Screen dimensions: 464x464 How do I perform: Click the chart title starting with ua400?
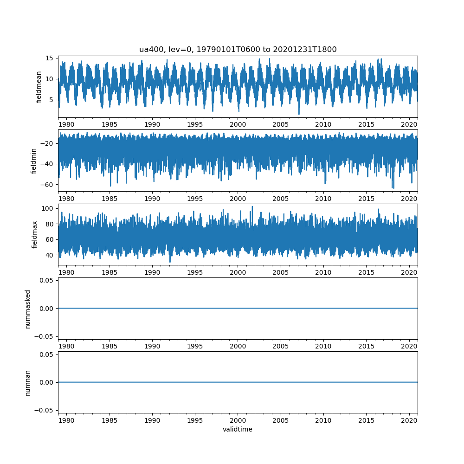click(x=238, y=49)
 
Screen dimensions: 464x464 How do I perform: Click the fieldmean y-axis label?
click(x=39, y=87)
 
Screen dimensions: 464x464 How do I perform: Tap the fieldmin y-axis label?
click(x=33, y=161)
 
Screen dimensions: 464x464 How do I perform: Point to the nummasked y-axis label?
click(x=27, y=308)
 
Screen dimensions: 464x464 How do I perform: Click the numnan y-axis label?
click(x=27, y=382)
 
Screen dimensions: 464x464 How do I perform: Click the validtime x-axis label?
click(x=238, y=429)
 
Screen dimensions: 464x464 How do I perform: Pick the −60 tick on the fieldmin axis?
click(x=48, y=184)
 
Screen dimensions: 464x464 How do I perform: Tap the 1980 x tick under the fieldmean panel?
click(x=66, y=124)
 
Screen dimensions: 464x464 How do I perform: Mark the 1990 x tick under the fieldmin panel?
click(x=152, y=199)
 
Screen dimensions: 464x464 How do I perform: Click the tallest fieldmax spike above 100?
click(x=252, y=207)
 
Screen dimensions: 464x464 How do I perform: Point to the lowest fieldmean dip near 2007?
click(x=299, y=114)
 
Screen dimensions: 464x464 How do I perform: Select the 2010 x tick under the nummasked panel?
click(x=323, y=346)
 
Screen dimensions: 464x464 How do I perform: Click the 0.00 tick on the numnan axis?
click(x=48, y=382)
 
